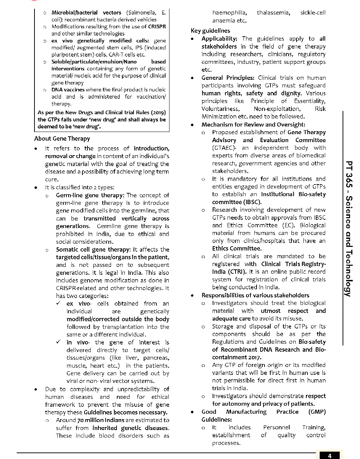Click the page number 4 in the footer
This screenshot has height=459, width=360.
[x=330, y=456]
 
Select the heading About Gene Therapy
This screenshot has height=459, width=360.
[x=62, y=138]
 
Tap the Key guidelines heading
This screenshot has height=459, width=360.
[x=210, y=30]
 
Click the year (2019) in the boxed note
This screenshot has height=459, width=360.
[x=158, y=112]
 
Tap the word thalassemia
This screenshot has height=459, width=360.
[x=273, y=13]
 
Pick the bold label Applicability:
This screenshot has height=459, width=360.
[x=219, y=39]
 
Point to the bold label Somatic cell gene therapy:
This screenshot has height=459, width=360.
[x=93, y=249]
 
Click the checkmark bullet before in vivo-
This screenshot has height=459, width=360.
[x=59, y=342]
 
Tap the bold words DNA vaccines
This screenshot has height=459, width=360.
[x=68, y=90]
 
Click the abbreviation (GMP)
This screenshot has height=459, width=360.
[x=317, y=412]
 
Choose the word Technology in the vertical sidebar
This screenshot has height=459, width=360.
[x=348, y=272]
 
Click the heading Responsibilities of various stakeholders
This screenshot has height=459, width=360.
[x=255, y=295]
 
